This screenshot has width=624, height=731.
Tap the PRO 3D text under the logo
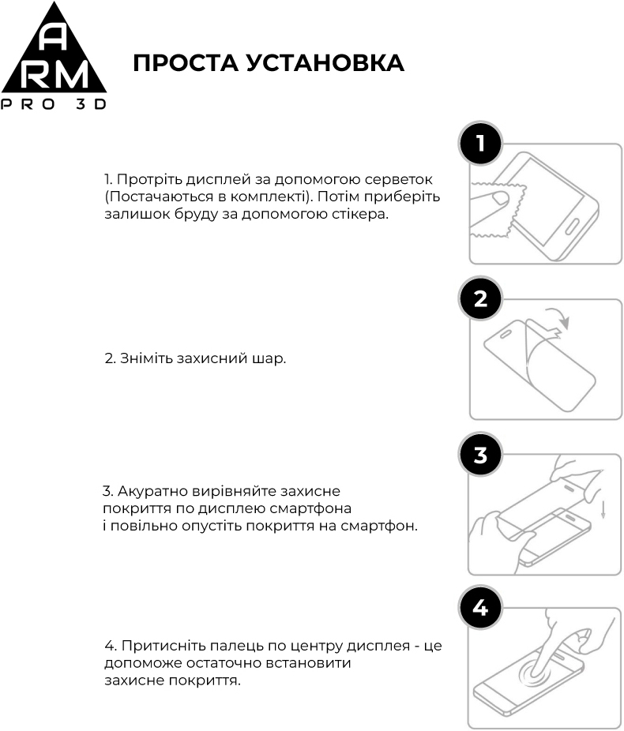coord(54,105)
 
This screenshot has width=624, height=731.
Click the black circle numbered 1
coord(481,143)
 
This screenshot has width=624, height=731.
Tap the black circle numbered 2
coord(481,298)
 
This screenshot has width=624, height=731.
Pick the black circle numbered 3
coord(481,455)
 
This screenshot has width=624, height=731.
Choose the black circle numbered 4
coord(481,609)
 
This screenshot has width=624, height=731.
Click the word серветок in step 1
coord(400,179)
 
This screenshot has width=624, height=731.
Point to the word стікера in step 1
coord(362,214)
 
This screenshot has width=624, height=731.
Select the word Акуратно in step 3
coord(150,491)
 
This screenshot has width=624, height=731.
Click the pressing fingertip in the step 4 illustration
coord(540,670)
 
